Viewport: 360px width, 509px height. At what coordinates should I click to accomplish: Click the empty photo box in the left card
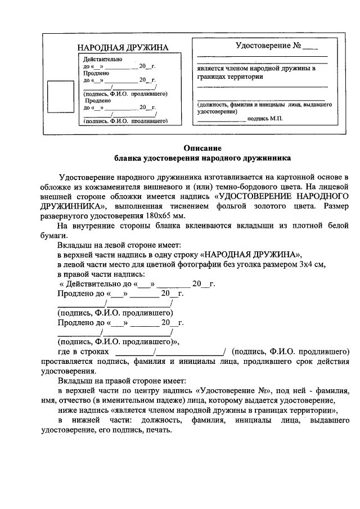point(56,98)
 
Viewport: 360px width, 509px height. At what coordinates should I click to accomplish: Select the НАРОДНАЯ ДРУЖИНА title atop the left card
point(123,48)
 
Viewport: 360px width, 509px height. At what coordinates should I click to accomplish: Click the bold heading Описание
point(202,148)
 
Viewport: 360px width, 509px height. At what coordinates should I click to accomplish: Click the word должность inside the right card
point(214,105)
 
